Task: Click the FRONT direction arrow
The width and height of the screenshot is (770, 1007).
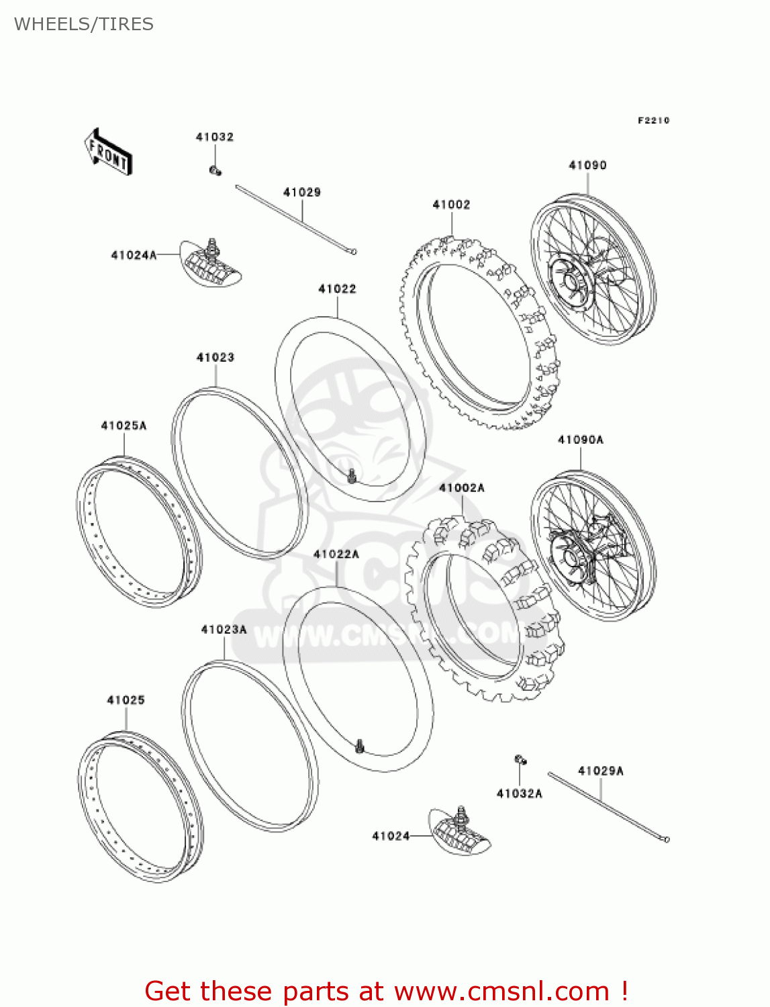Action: point(108,152)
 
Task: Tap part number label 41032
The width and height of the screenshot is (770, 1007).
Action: point(215,137)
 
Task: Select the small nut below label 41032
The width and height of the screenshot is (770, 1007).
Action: point(215,171)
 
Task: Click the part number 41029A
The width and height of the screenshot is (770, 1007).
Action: point(601,771)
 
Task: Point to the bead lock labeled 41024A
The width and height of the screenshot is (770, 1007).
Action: point(211,264)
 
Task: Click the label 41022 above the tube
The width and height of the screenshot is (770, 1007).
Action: point(337,289)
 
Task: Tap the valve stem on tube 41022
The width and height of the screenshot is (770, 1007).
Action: point(351,477)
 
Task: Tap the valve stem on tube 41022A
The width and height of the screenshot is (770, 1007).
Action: point(360,745)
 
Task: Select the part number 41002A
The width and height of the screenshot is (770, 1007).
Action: point(462,488)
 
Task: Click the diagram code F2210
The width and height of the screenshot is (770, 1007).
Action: point(653,120)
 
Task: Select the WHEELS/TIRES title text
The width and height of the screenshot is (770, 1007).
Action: point(84,24)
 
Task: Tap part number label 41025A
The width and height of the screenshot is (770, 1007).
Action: point(124,426)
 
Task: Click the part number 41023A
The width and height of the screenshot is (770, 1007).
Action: point(224,629)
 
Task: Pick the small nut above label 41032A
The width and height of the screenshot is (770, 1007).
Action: point(520,760)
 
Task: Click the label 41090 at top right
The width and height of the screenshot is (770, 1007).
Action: point(587,165)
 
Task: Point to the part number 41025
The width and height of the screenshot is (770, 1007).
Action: point(126,700)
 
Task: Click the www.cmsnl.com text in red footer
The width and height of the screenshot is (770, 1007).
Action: point(501,992)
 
